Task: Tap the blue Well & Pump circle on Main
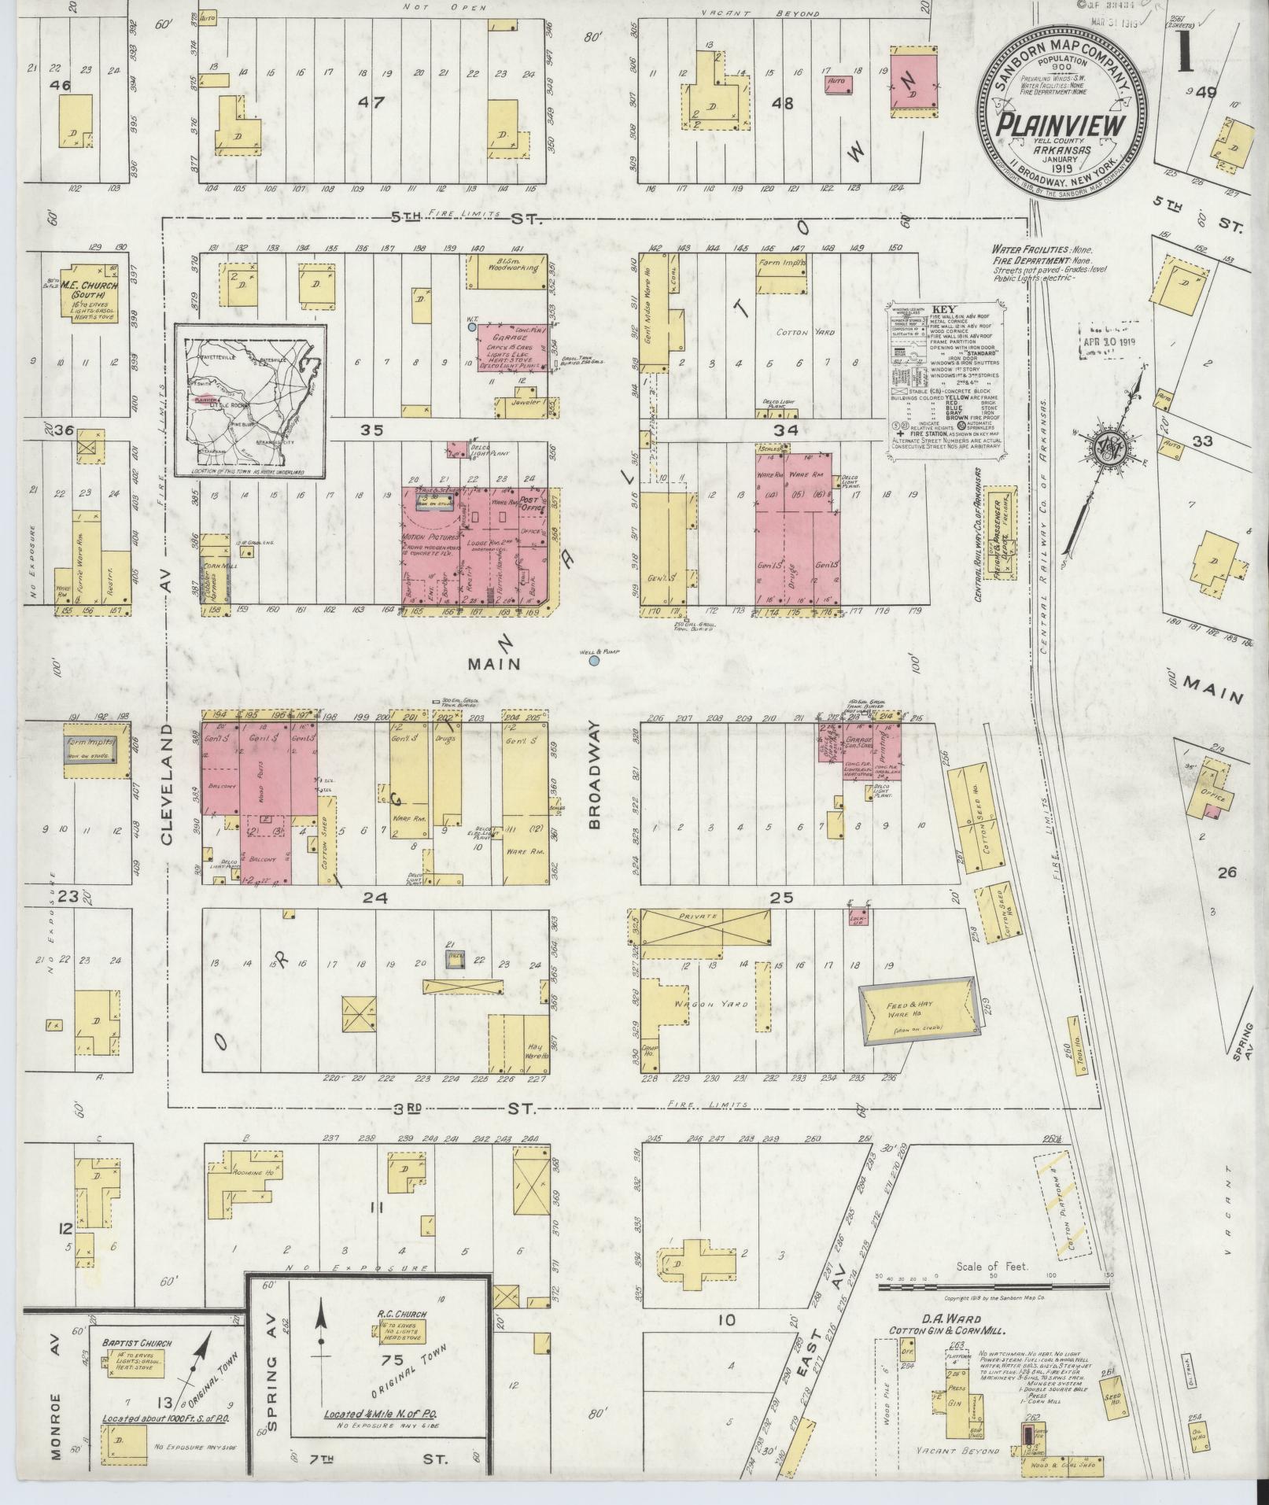click(594, 660)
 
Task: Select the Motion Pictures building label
click(429, 537)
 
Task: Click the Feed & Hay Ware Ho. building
click(919, 1014)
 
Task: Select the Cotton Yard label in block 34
click(798, 333)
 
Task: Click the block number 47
click(369, 101)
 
